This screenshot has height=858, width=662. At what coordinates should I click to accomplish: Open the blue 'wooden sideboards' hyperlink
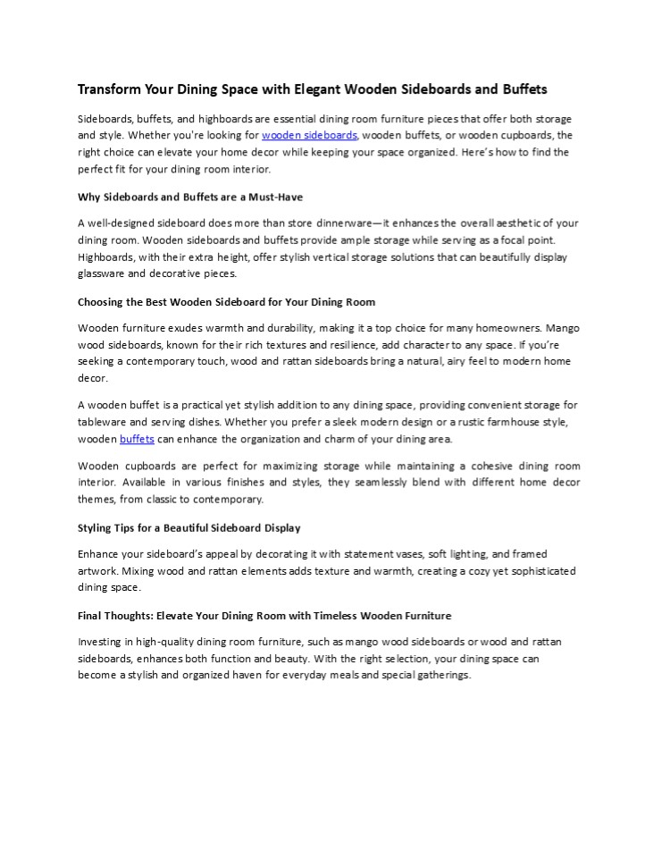coord(309,136)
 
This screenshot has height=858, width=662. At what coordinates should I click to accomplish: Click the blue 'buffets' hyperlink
coord(138,439)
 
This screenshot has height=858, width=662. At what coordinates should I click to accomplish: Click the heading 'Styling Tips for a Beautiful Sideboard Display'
coord(189,527)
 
